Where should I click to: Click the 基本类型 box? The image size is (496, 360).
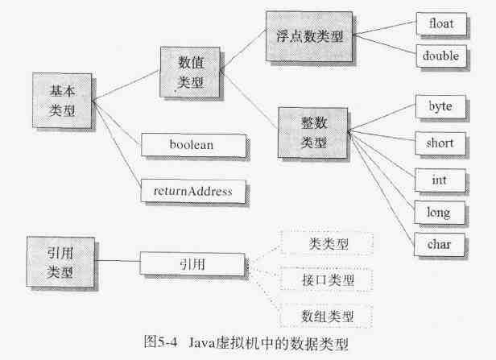point(60,100)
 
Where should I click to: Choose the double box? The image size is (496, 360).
point(440,56)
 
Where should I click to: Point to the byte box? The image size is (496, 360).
point(440,106)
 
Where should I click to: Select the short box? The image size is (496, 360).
point(440,143)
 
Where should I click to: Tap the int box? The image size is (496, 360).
point(440,178)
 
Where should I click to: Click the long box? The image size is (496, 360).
point(440,213)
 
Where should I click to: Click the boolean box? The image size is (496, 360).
point(193,145)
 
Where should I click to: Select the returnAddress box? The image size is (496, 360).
point(193,192)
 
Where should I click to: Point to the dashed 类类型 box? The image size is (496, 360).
point(326,242)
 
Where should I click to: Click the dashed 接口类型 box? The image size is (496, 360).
point(326,279)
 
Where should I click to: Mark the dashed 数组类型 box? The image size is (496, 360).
point(326,315)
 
